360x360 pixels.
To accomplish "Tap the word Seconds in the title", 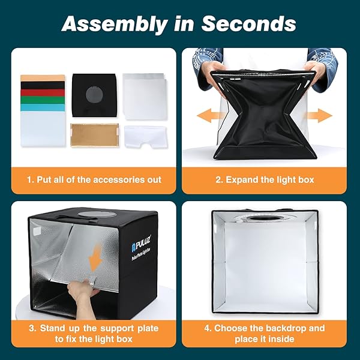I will click(248, 24).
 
